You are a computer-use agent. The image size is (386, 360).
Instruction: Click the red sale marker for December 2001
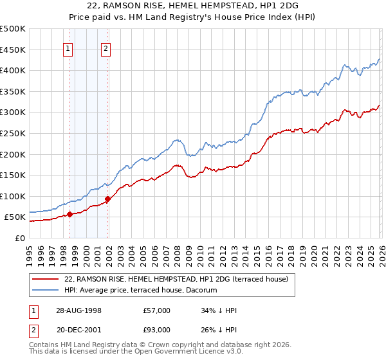(107, 199)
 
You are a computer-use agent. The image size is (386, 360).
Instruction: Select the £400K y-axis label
(14, 70)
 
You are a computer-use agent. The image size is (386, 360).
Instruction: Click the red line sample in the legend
(46, 279)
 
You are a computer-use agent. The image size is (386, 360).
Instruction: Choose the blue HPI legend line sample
(46, 291)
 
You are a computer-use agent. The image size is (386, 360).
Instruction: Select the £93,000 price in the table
(157, 331)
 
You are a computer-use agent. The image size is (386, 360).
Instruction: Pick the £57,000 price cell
(157, 310)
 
